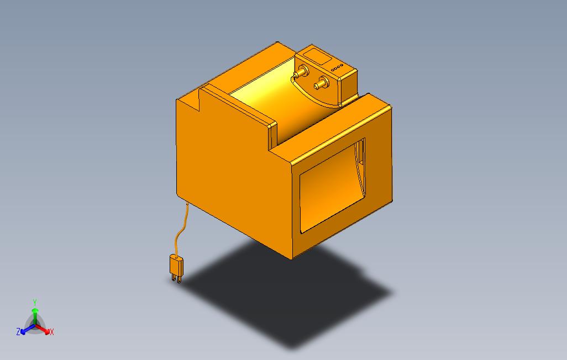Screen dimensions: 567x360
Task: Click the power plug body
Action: point(176,264)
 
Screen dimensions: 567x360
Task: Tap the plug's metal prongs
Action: point(176,278)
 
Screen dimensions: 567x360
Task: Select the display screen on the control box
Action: point(317,57)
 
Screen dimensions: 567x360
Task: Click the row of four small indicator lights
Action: point(337,67)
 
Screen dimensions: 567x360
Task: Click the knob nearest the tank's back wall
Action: point(301,72)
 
